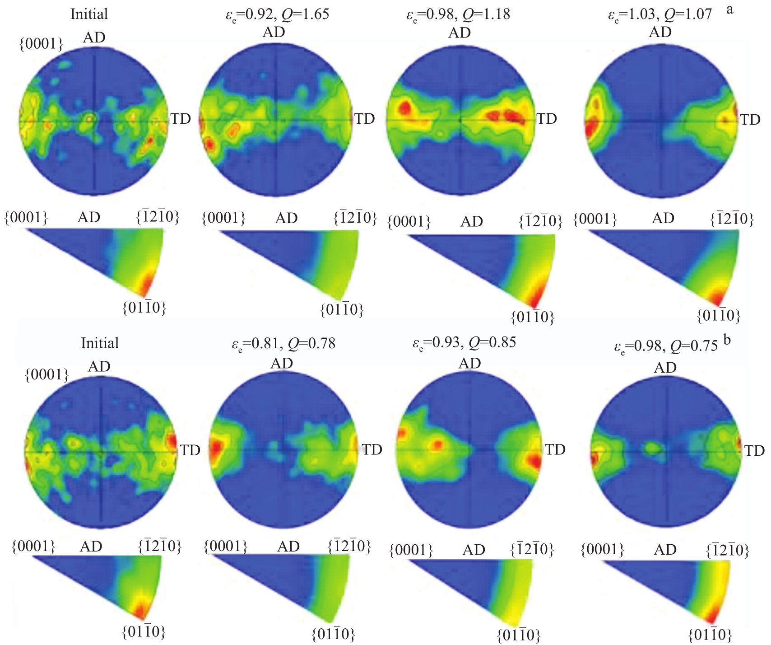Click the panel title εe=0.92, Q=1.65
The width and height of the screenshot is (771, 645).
click(x=277, y=14)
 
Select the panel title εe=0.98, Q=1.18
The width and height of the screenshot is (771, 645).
click(x=458, y=14)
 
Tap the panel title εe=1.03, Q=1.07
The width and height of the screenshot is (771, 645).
click(x=660, y=14)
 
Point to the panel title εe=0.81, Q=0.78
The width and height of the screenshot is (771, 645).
click(x=283, y=344)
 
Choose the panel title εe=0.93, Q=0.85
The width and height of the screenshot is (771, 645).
click(x=464, y=343)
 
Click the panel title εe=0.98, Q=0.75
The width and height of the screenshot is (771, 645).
click(x=665, y=346)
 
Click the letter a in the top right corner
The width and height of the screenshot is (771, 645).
click(x=729, y=9)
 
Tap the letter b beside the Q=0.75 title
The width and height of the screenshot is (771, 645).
click(x=727, y=340)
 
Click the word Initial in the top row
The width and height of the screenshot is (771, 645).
click(x=89, y=14)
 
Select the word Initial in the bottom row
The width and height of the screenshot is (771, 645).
click(x=100, y=343)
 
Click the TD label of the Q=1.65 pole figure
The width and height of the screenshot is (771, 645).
click(x=365, y=119)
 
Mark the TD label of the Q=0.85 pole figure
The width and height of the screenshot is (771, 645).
click(x=555, y=449)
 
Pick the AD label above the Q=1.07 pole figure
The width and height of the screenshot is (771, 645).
click(x=660, y=33)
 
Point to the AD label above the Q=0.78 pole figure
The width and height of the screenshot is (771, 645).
click(x=282, y=363)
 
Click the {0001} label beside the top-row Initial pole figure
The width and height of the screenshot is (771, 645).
click(x=41, y=44)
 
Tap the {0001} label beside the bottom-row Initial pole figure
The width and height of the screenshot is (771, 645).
click(x=47, y=374)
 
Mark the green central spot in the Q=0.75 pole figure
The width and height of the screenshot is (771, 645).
click(x=651, y=448)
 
